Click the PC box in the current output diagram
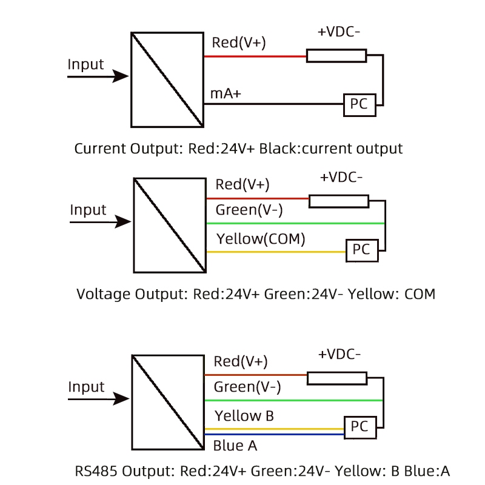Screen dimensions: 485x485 [360, 104]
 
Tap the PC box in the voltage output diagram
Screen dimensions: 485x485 [361, 250]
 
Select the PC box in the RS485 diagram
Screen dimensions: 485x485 [360, 427]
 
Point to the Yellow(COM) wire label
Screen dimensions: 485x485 [261, 239]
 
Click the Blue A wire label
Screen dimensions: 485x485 [235, 446]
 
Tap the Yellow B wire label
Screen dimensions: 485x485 [244, 416]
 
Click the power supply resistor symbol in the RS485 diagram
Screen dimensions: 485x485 [337, 378]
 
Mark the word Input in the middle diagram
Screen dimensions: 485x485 [88, 210]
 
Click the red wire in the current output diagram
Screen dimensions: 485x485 [255, 56]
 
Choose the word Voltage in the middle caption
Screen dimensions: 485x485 [104, 295]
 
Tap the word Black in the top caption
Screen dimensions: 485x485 [278, 148]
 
